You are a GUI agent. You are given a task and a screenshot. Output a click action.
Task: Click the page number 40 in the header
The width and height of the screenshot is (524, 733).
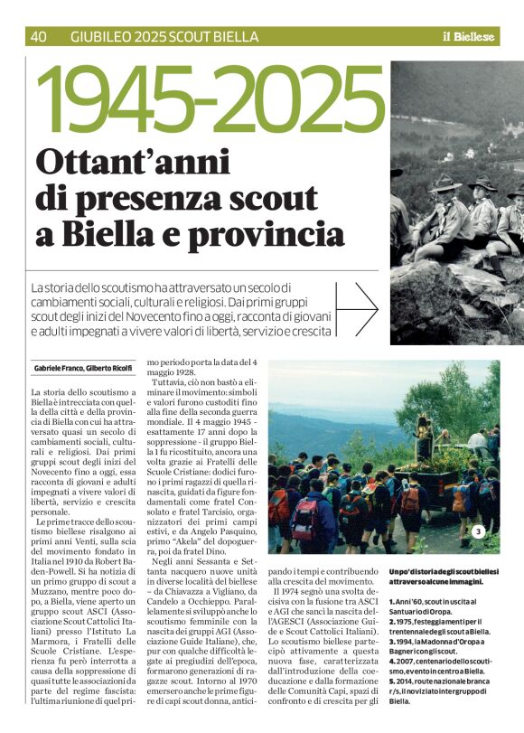(x=39, y=37)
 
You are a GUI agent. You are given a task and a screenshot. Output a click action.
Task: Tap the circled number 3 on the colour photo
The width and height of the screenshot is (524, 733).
(x=479, y=531)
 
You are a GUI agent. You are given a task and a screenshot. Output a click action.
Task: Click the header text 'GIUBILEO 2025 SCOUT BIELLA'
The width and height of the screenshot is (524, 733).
(x=164, y=37)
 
